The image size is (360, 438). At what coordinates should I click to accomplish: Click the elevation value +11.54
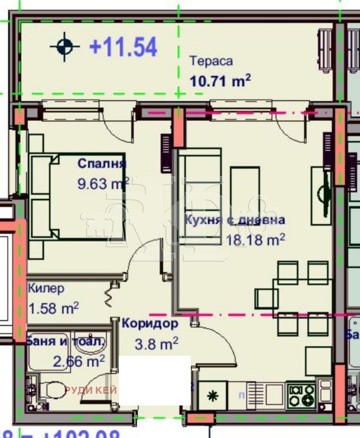point(123,47)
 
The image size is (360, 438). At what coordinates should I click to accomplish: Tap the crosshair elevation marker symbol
point(65,47)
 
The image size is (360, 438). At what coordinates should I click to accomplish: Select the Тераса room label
point(211,61)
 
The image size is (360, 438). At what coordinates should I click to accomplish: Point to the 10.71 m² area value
point(220,80)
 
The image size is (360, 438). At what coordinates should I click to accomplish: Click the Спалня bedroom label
point(102,164)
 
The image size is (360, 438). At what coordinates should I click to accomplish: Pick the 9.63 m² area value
point(103,184)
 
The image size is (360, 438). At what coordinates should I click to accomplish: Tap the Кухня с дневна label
point(234,220)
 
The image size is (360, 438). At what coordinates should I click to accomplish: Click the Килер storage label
point(46,288)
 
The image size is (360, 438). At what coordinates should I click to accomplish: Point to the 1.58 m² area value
point(54,309)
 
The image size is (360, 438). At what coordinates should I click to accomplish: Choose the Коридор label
point(149,324)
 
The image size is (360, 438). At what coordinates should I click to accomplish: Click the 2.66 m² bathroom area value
point(79,361)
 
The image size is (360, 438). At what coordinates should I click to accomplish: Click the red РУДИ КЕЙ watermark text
point(90,390)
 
